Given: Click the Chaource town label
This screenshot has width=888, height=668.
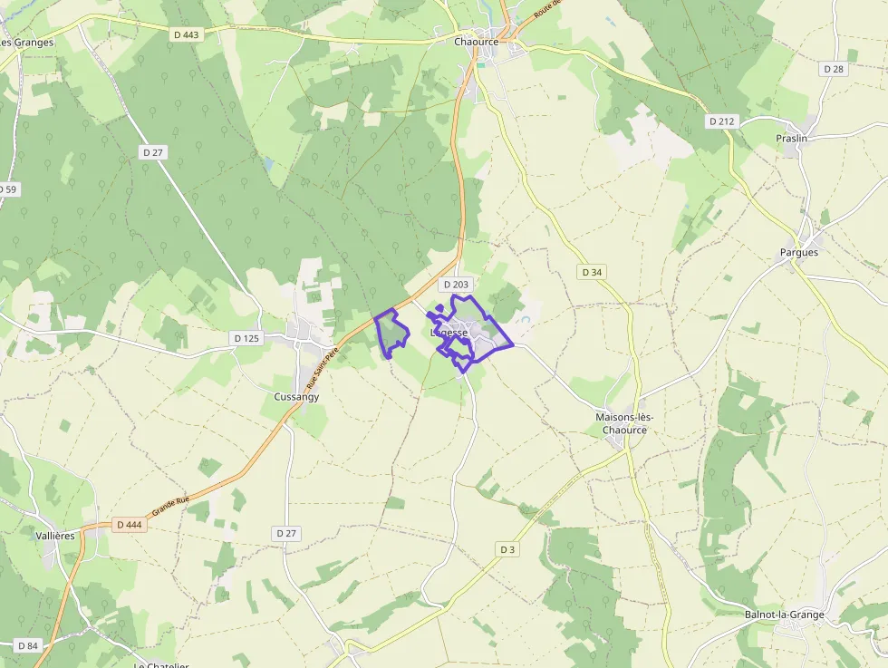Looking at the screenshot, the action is tap(477, 42).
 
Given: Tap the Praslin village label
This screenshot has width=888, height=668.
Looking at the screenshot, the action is tap(791, 139).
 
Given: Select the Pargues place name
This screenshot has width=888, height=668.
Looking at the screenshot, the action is tap(798, 253).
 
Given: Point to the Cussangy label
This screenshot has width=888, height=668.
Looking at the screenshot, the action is tap(296, 397).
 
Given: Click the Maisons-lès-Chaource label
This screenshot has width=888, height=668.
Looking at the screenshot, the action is tap(624, 423).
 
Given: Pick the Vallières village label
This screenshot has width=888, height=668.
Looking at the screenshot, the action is tap(54, 536).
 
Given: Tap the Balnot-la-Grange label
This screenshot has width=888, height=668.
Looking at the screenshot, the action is tap(784, 615).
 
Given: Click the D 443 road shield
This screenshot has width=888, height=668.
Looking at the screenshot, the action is tap(185, 34).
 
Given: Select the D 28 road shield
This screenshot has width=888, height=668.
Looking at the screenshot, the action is tap(834, 69).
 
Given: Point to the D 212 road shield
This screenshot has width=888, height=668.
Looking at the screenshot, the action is tap(721, 121).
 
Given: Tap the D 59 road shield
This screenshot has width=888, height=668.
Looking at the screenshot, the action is tap(7, 189).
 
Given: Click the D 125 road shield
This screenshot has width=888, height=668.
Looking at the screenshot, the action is tap(246, 338).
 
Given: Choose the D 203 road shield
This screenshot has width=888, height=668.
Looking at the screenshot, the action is tap(458, 285).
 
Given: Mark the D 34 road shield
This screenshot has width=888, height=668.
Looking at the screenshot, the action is tap(592, 272).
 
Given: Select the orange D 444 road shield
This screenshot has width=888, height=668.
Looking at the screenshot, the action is tap(130, 525).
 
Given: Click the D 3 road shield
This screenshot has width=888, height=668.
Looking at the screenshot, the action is tap(507, 549).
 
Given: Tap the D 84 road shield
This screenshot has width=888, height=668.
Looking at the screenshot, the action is tap(27, 645).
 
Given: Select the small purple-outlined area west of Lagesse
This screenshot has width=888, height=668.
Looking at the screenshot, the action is tap(392, 332).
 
